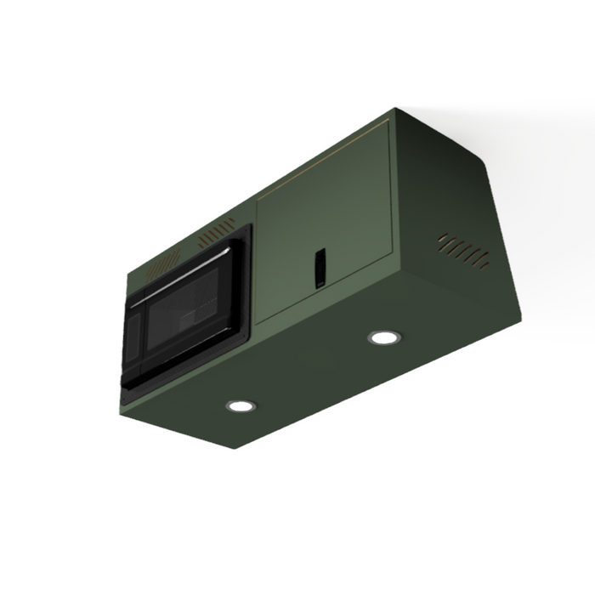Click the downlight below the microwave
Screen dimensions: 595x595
[241, 406]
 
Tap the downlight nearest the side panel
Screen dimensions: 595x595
[384, 337]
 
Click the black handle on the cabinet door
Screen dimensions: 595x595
[320, 268]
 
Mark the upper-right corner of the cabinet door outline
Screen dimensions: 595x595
[389, 122]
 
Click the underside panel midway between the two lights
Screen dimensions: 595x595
[313, 372]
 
